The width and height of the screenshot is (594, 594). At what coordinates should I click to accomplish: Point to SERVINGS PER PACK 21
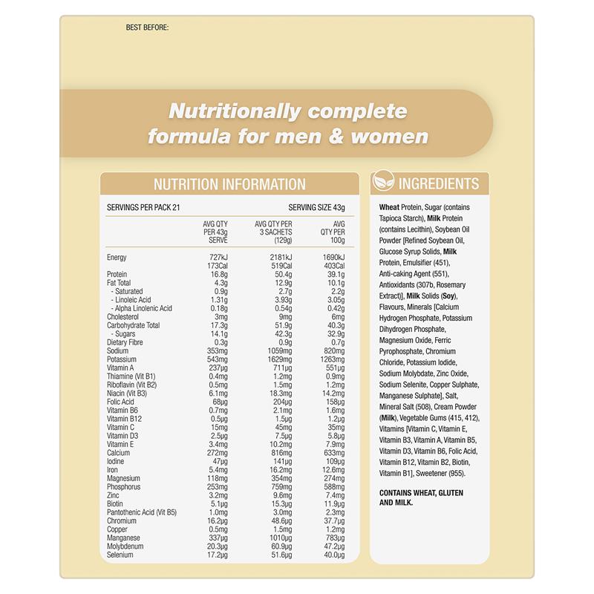(x=143, y=208)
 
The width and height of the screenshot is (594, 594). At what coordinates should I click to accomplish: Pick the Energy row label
(x=117, y=257)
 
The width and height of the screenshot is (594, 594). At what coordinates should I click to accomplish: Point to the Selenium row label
(x=121, y=555)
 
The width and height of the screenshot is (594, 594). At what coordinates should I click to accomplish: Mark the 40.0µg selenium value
(x=333, y=555)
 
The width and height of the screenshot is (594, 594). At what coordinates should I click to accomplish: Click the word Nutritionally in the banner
(x=234, y=112)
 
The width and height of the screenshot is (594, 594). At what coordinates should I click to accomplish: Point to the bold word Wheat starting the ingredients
(x=389, y=207)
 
